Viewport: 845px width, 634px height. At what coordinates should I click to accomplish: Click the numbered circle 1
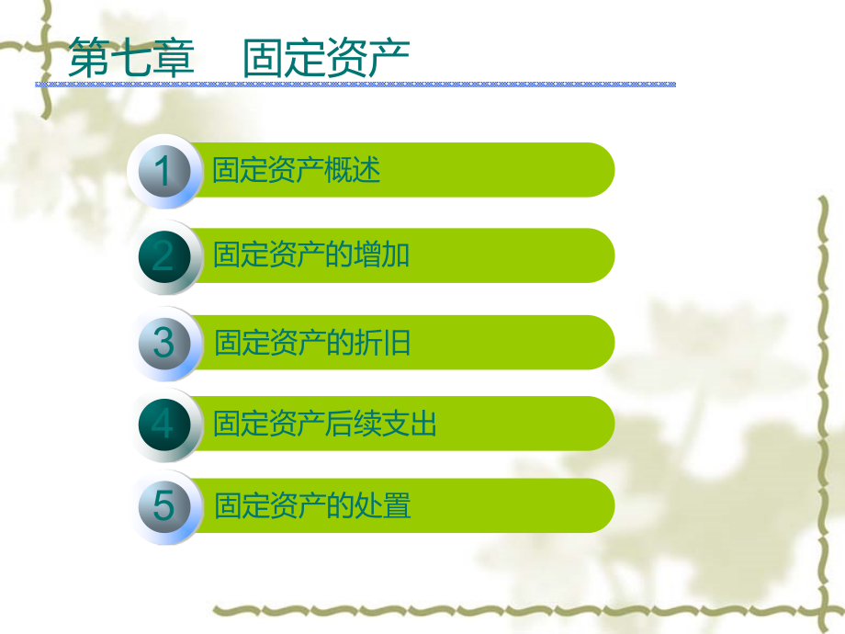[164, 172]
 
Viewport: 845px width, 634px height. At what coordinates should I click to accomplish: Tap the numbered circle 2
[164, 255]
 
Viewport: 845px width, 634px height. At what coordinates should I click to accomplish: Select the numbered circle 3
[164, 343]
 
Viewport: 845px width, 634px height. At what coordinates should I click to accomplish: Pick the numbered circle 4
[164, 425]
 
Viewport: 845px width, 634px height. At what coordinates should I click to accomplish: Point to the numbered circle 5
[164, 506]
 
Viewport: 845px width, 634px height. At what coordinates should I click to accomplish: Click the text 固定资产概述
[296, 171]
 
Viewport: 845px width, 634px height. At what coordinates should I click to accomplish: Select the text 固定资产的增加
[311, 255]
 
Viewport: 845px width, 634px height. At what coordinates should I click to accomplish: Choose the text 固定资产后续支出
[325, 425]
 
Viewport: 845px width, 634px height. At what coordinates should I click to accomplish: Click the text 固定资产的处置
[312, 506]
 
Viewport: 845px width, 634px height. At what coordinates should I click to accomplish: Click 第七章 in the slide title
[132, 58]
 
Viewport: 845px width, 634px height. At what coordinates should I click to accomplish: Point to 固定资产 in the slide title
[326, 58]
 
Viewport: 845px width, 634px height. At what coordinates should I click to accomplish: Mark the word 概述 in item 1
[353, 171]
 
